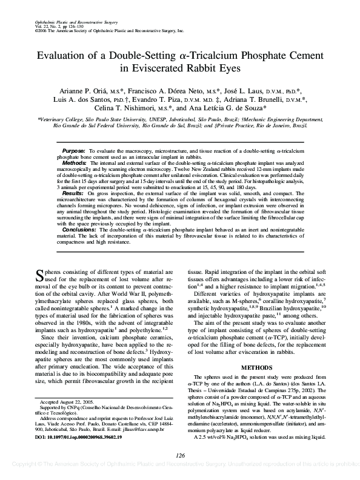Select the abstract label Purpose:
(x=74, y=150)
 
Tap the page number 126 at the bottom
(x=179, y=456)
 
